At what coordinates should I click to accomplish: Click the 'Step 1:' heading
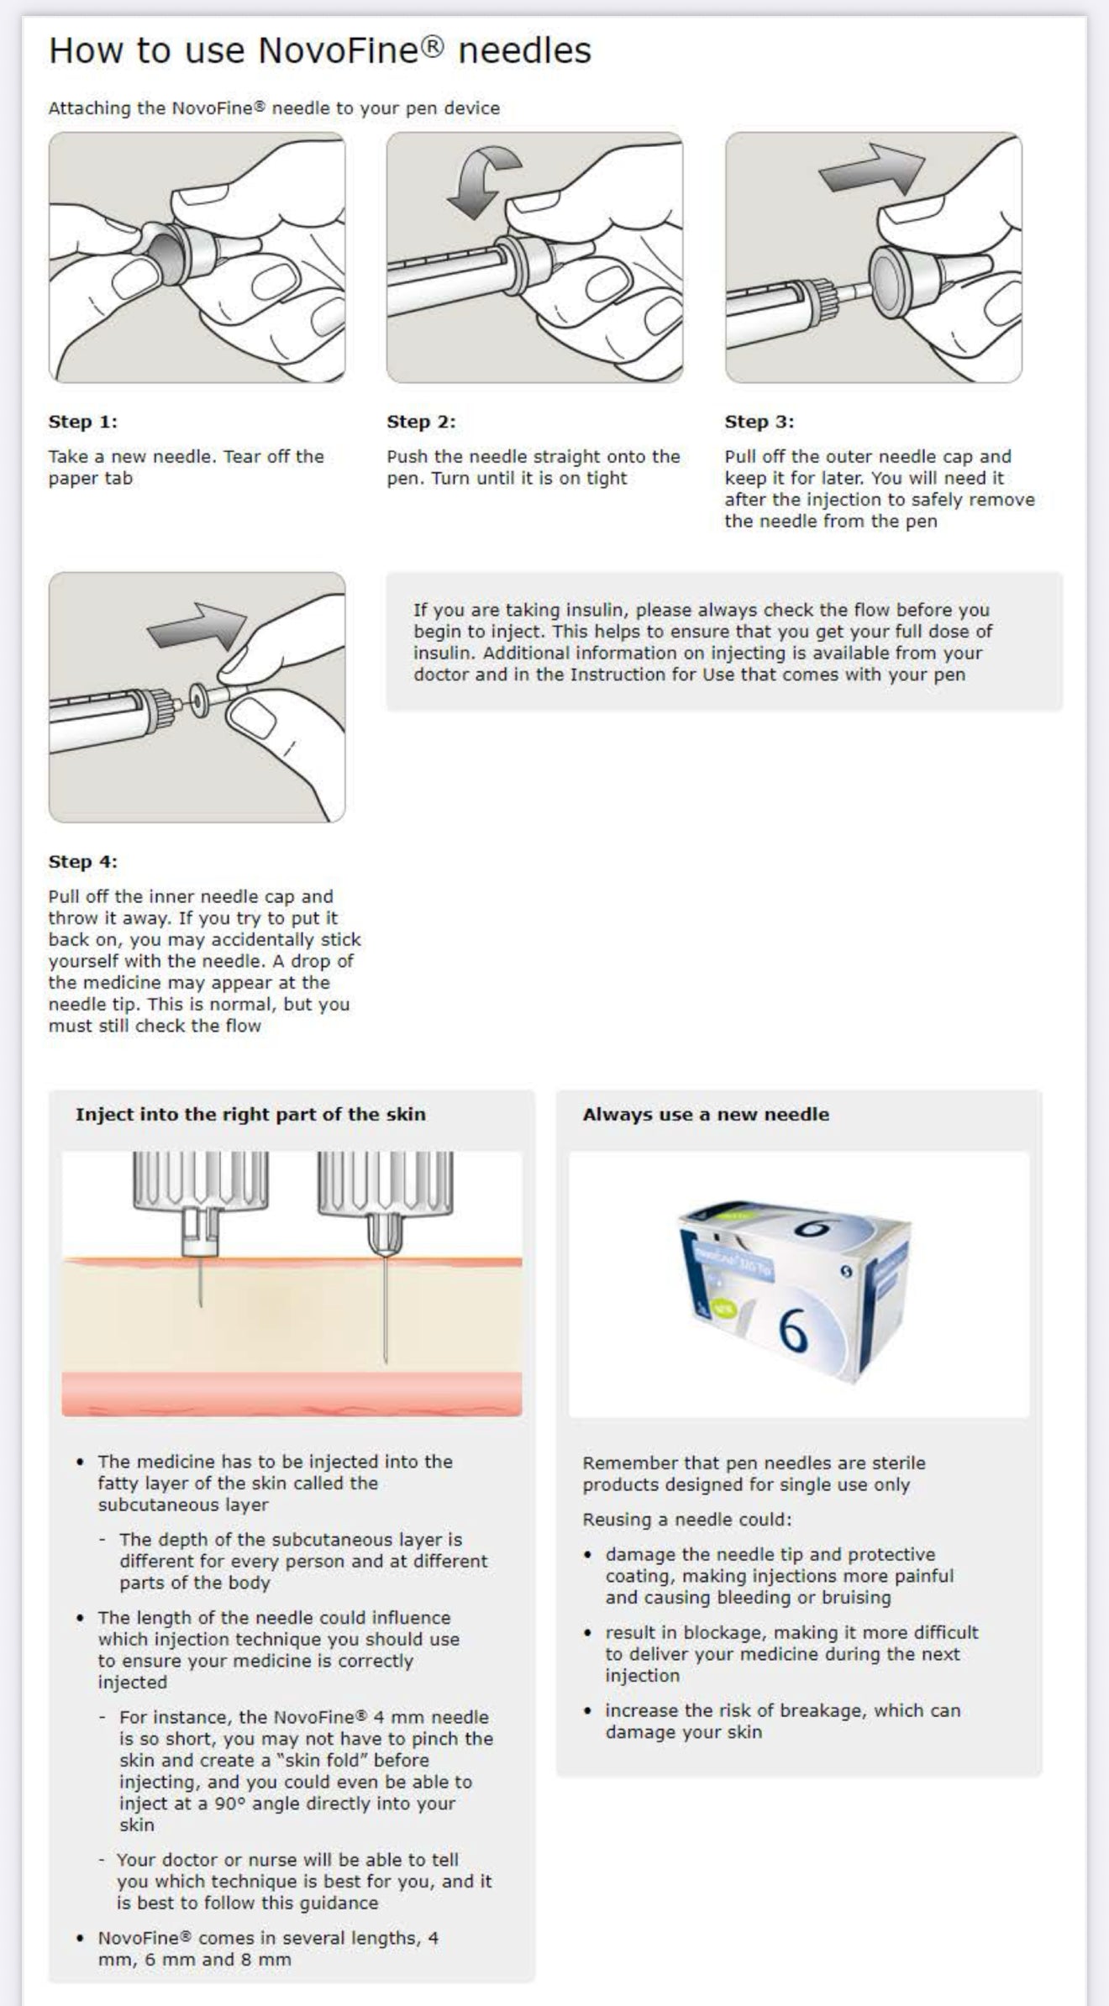(82, 422)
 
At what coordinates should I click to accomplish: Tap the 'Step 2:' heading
(421, 422)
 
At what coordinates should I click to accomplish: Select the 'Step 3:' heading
(759, 422)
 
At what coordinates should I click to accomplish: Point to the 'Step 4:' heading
(82, 862)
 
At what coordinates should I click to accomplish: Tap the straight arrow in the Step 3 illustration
(872, 169)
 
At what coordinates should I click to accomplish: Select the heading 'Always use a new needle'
(706, 1115)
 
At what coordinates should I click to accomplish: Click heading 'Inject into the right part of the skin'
(250, 1115)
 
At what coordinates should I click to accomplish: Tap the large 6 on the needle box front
(792, 1330)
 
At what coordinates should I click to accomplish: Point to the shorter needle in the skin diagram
(201, 1282)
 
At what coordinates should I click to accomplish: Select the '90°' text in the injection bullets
(229, 1804)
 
